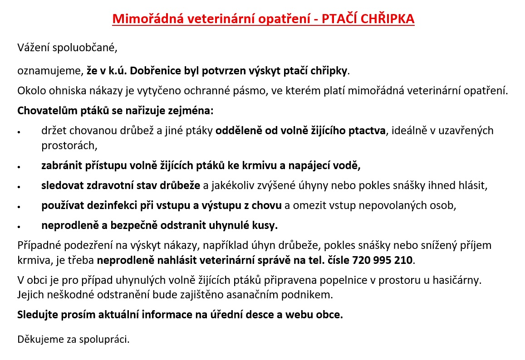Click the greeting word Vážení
pyautogui.click(x=33, y=47)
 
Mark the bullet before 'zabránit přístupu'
pyautogui.click(x=19, y=167)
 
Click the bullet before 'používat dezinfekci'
pyautogui.click(x=19, y=206)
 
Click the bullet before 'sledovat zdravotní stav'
pyautogui.click(x=19, y=186)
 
